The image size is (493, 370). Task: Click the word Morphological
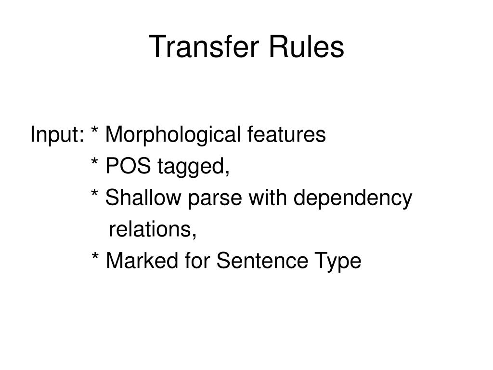pos(172,135)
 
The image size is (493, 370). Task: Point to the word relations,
pos(153,230)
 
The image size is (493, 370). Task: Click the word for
pos(197,261)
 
